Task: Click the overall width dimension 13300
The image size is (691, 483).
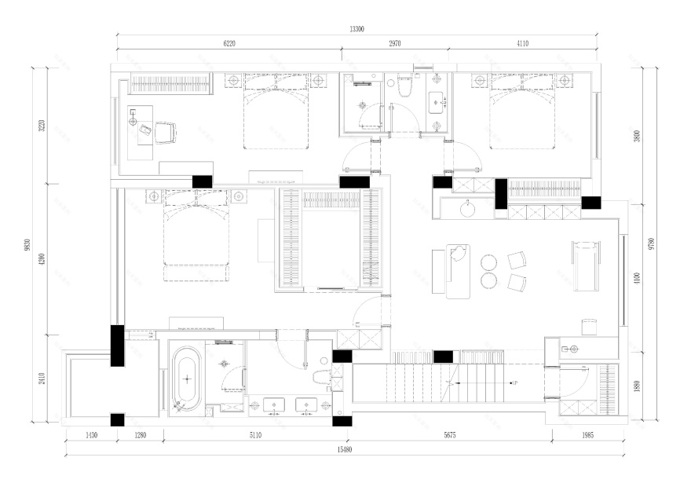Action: click(x=356, y=29)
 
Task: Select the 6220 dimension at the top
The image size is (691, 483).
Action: click(x=229, y=45)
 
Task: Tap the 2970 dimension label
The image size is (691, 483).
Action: click(x=395, y=45)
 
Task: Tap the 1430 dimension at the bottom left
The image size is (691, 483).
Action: click(x=90, y=435)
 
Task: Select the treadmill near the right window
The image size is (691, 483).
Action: click(x=586, y=265)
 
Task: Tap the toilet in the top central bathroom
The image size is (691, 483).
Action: click(x=404, y=89)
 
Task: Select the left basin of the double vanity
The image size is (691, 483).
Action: click(x=272, y=406)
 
